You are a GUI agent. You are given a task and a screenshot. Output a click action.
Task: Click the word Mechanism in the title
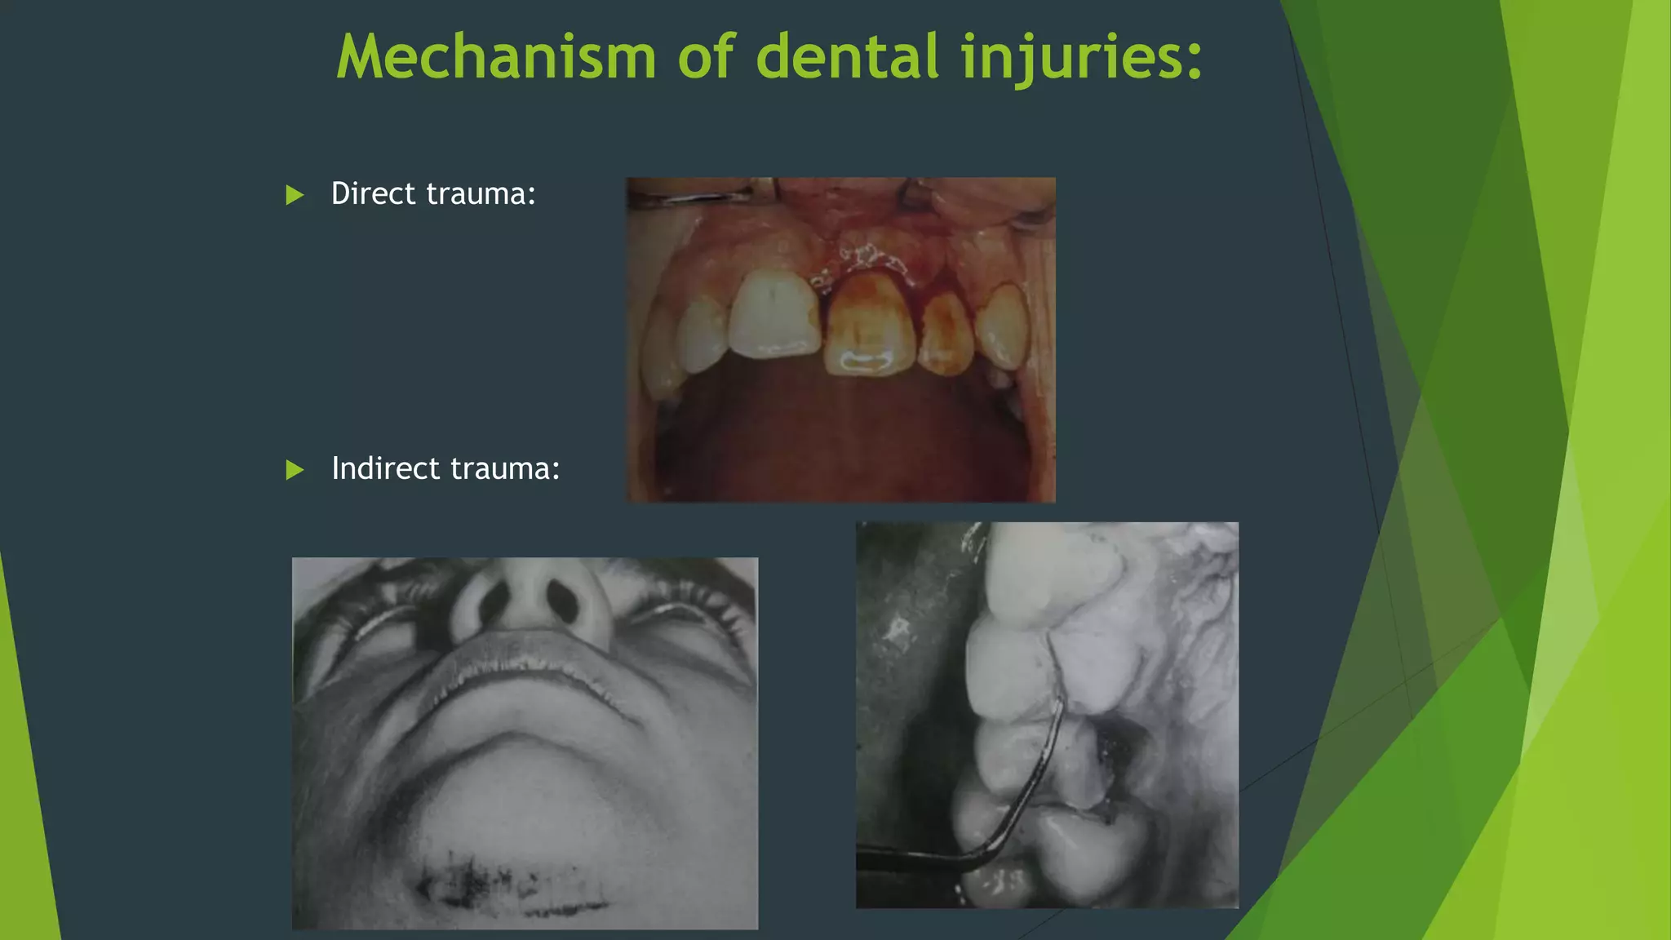coord(496,57)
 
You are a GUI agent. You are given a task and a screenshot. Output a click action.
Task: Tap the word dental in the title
coord(848,57)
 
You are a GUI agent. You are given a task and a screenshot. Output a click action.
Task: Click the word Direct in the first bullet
coord(373,194)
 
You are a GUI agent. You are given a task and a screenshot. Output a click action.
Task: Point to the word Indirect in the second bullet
coord(385,469)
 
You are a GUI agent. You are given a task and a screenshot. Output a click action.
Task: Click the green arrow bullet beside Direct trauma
coord(295,195)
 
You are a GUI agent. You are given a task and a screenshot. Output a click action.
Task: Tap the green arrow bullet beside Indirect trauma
coord(295,470)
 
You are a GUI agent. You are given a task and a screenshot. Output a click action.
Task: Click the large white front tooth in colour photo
coord(773,315)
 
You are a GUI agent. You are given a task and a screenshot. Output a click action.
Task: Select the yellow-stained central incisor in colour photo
coord(870,326)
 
